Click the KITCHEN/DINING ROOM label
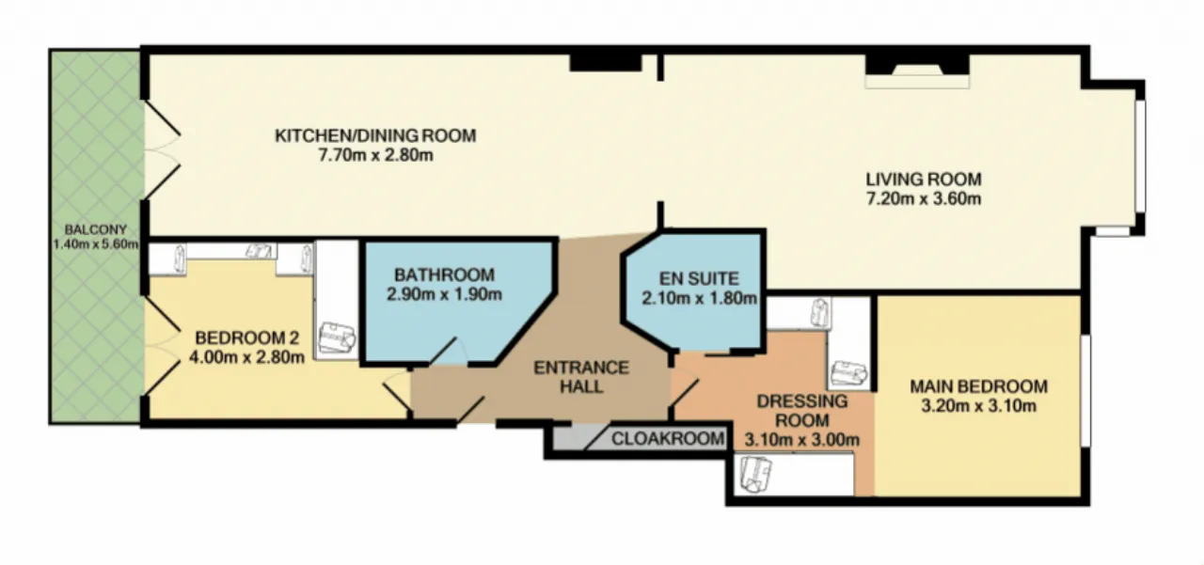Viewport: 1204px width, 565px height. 375,135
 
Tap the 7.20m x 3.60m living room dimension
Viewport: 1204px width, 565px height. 924,198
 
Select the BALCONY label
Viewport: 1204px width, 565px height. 96,230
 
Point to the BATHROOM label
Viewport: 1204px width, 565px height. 445,275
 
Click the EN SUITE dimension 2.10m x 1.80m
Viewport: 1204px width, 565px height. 699,298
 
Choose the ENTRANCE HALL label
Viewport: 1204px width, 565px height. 581,377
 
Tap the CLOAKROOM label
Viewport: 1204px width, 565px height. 668,439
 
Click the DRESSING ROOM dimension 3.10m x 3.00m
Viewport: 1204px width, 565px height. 802,440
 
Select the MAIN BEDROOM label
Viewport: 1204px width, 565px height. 979,386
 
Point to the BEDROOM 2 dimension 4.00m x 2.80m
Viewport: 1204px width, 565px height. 246,357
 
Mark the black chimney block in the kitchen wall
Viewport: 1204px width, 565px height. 606,62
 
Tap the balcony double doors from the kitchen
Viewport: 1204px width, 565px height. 161,149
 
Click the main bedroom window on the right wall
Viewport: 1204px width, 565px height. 1085,391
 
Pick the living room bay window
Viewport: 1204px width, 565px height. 1140,157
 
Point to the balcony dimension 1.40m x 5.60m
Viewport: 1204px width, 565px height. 96,244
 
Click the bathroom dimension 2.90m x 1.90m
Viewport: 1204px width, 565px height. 445,294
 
